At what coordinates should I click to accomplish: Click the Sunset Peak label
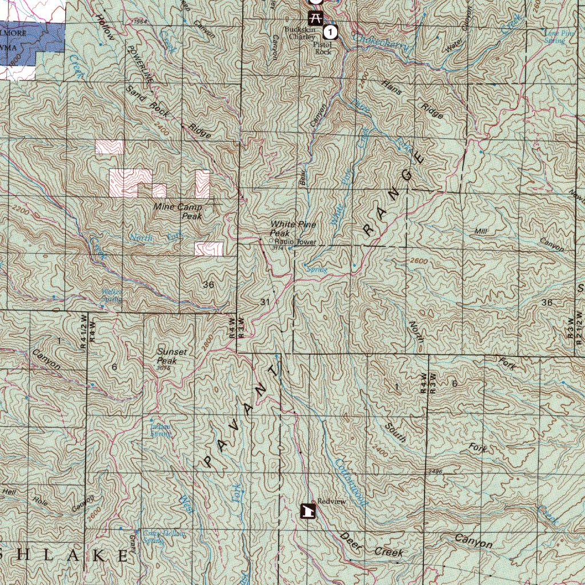point(171,356)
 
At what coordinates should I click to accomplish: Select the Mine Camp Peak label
point(178,211)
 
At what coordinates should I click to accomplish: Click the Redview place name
point(332,501)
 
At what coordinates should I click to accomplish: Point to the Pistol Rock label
point(323,48)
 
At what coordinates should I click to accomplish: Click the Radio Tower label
point(295,242)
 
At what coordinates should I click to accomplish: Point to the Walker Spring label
point(112,295)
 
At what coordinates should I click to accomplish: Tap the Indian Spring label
point(161,430)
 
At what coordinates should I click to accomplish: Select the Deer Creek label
point(371,546)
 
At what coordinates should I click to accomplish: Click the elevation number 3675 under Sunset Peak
point(164,368)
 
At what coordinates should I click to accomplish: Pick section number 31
point(265,301)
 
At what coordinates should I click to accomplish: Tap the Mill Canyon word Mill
point(480,231)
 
